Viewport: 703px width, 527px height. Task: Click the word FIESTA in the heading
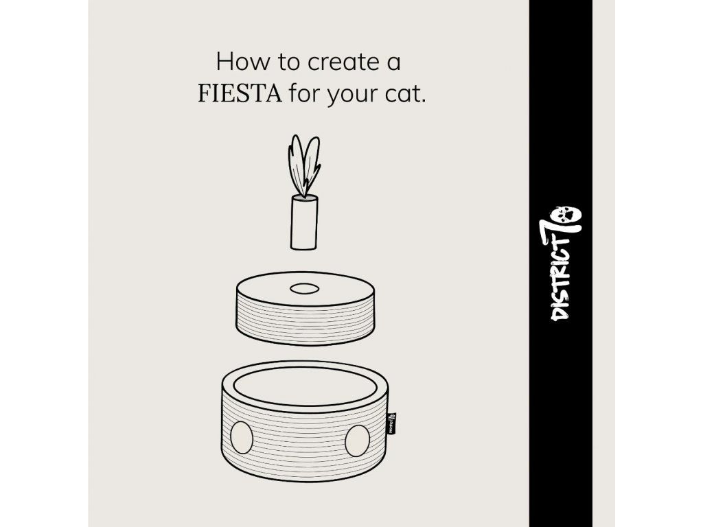coord(240,93)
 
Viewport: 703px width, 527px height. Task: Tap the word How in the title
coord(244,61)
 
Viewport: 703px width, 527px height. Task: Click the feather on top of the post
coord(304,166)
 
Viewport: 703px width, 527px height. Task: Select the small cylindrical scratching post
coord(304,222)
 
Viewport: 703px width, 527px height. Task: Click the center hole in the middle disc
coord(304,289)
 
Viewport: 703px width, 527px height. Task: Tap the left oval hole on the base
coord(242,437)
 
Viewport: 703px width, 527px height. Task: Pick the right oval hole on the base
coord(357,441)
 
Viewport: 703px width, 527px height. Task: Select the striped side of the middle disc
coord(306,323)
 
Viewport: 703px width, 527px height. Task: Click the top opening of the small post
coord(304,198)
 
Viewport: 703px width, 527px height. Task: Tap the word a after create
coord(393,63)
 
